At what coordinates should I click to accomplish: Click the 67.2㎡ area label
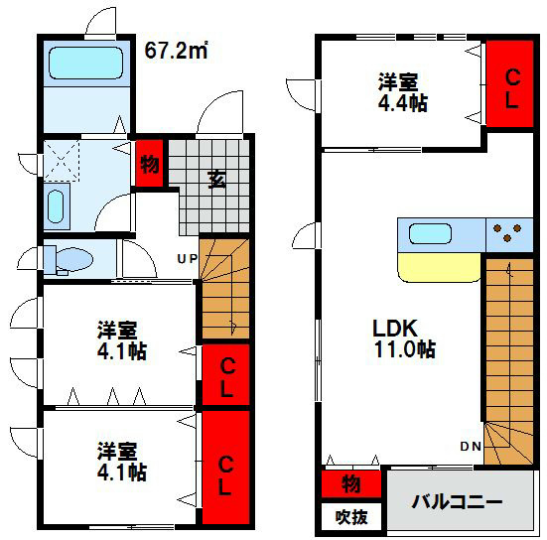click(177, 49)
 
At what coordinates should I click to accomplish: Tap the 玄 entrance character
click(215, 179)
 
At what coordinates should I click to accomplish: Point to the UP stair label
click(187, 259)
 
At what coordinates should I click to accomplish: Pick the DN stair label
click(471, 447)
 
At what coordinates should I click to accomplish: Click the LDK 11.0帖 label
click(404, 338)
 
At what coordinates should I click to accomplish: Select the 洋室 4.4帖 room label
click(403, 91)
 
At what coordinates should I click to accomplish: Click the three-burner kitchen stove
click(511, 234)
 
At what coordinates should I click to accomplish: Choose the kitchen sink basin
click(431, 235)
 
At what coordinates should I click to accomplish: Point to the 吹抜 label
click(350, 517)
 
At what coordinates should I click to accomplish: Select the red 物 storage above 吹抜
click(350, 483)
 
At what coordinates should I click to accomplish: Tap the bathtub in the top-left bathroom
click(85, 64)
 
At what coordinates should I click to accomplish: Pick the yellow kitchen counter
click(438, 267)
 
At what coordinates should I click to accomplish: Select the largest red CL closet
click(225, 467)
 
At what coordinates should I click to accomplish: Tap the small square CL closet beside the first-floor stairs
click(225, 375)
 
